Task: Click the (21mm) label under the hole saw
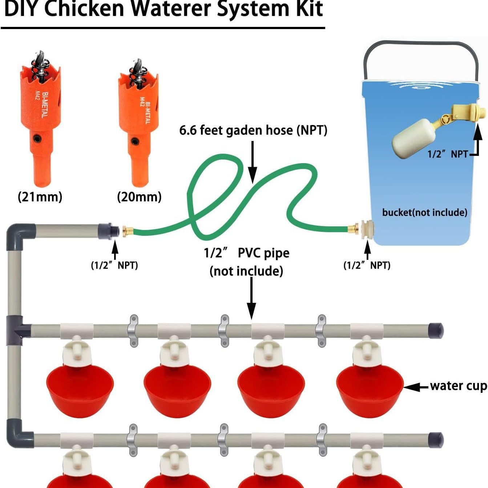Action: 40,197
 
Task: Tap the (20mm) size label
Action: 139,197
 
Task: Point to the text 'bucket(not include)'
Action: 425,212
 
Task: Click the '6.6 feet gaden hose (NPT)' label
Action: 253,130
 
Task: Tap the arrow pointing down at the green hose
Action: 252,162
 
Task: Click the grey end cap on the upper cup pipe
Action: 436,331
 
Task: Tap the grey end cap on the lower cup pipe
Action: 436,440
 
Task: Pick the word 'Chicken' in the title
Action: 85,9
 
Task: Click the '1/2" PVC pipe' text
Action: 247,253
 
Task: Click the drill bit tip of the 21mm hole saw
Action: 40,52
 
